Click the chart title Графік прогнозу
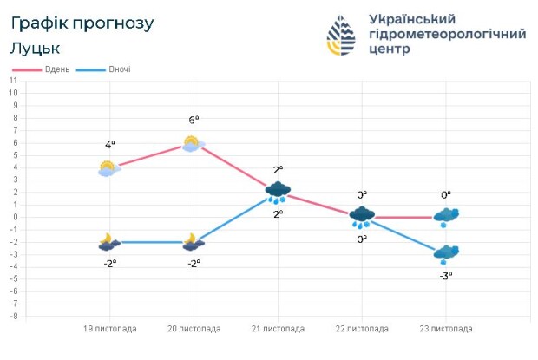(82, 23)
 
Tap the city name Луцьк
(36, 48)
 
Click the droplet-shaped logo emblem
(341, 35)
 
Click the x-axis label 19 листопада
(109, 329)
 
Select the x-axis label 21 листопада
(278, 329)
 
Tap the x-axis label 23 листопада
(446, 329)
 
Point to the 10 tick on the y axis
(13, 81)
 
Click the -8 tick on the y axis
(13, 317)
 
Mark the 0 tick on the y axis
(14, 218)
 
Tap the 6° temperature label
(194, 120)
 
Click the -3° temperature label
(446, 275)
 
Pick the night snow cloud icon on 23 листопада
(446, 254)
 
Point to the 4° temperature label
(110, 145)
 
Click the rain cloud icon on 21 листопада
(278, 192)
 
